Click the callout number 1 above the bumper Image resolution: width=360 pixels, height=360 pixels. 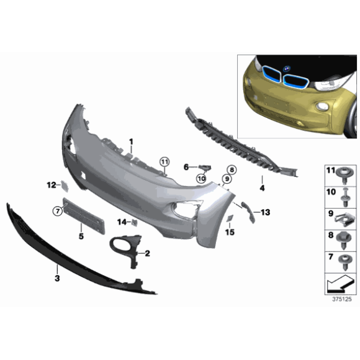pyautogui.click(x=131, y=142)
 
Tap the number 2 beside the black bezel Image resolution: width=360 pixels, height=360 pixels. pyautogui.click(x=148, y=253)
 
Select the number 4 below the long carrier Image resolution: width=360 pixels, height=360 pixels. pyautogui.click(x=262, y=187)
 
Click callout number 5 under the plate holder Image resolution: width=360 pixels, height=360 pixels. pyautogui.click(x=81, y=236)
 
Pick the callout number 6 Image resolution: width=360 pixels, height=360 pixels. pyautogui.click(x=185, y=166)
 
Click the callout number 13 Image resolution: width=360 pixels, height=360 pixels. pyautogui.click(x=266, y=212)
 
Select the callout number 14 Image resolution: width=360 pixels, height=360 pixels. pyautogui.click(x=122, y=222)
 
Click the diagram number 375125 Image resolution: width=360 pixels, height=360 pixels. pyautogui.click(x=341, y=299)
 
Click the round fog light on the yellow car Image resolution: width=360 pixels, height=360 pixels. pyautogui.click(x=323, y=108)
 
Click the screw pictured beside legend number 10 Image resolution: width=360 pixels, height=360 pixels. pyautogui.click(x=344, y=195)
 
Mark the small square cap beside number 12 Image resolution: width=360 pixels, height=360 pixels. pyautogui.click(x=64, y=184)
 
